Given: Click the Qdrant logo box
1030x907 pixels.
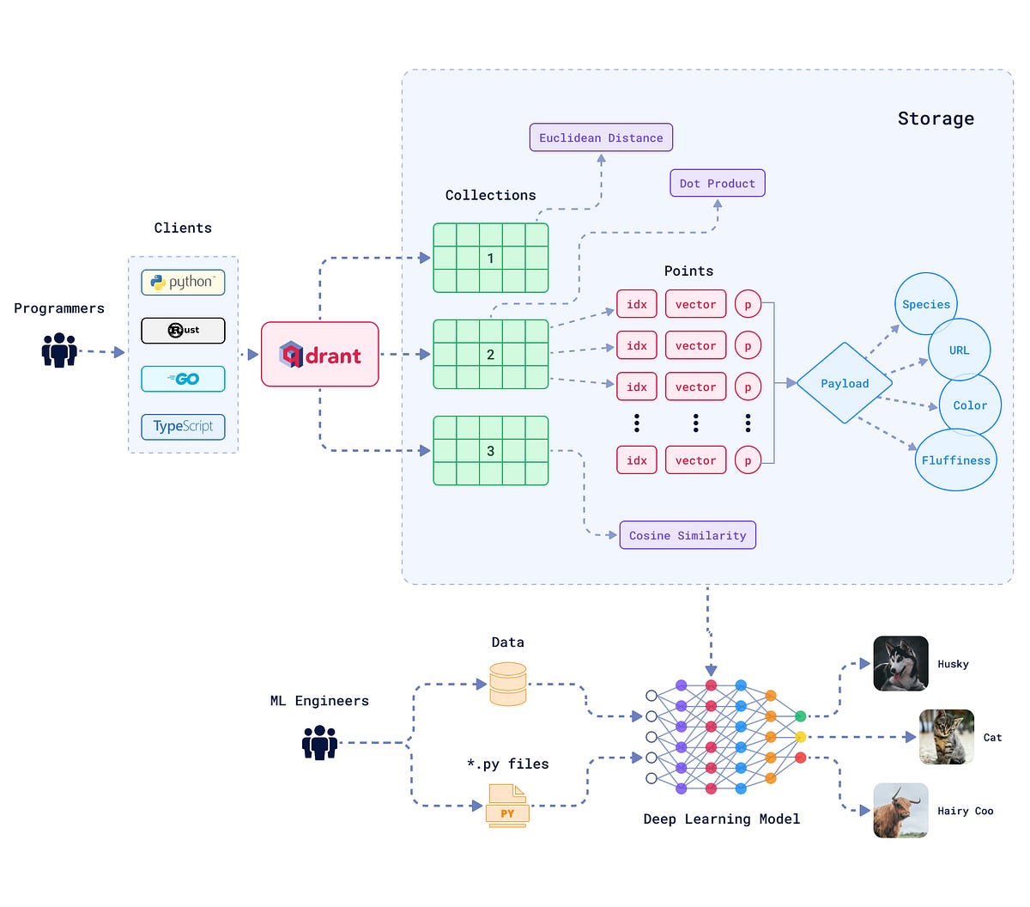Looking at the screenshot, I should (x=319, y=354).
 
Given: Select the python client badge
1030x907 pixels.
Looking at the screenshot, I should (x=183, y=283).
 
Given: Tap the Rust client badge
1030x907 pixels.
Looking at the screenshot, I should (x=183, y=331).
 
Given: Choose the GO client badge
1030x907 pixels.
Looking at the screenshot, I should (x=183, y=379).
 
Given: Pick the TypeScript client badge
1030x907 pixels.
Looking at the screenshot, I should (x=183, y=427).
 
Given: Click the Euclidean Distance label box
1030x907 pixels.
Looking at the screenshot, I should (x=601, y=137).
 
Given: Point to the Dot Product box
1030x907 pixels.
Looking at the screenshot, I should (x=717, y=183).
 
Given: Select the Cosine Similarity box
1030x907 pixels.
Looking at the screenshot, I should (x=688, y=535).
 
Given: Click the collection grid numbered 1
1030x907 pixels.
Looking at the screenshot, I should (x=490, y=258).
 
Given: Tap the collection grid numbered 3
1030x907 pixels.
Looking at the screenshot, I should (x=490, y=451).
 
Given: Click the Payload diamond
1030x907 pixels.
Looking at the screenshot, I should (x=845, y=383).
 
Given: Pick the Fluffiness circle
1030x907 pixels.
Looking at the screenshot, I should (x=955, y=460).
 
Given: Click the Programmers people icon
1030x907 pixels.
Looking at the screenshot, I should (x=59, y=350).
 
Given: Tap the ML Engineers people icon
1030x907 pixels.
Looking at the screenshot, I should (x=319, y=743).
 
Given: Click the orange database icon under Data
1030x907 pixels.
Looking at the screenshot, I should (x=507, y=684).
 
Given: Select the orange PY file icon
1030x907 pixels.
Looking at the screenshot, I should (x=507, y=807).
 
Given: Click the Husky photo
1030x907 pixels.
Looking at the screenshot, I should (x=900, y=664).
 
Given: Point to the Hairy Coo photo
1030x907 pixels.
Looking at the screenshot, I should (x=900, y=811).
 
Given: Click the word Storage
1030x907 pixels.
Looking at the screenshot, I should (x=936, y=119).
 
